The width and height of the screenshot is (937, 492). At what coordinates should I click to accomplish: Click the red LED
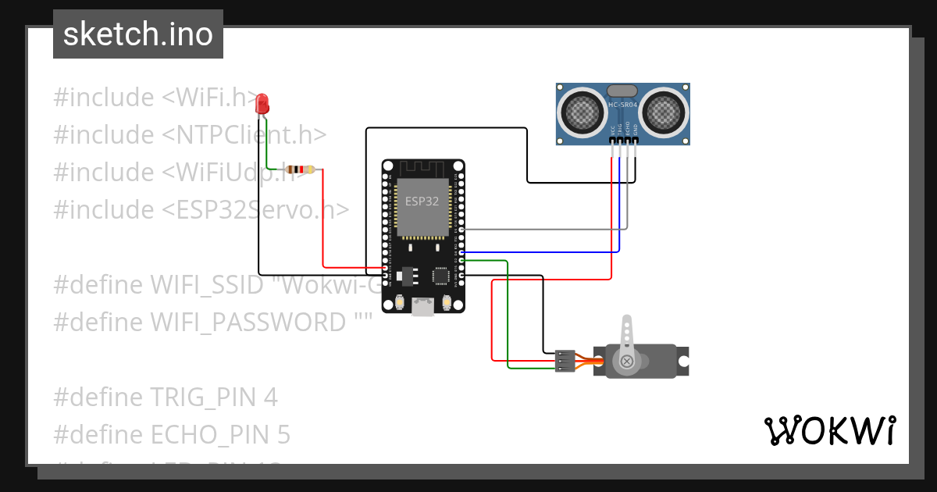pos(262,102)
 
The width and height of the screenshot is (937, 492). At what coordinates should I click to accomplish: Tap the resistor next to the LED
pos(301,169)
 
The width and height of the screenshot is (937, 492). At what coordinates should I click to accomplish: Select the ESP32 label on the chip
pos(422,201)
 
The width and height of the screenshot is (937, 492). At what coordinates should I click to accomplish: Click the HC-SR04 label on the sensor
pos(623,105)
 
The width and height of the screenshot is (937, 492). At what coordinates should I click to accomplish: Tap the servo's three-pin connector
pos(565,361)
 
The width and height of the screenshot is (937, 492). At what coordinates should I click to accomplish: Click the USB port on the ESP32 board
pos(422,307)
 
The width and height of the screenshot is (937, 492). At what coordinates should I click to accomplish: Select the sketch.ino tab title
pos(138,34)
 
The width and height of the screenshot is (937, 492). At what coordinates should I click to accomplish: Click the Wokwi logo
pos(829,430)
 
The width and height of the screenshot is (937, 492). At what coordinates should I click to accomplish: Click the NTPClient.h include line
pos(190,134)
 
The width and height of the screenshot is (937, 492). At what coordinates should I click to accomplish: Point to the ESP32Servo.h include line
pos(201,209)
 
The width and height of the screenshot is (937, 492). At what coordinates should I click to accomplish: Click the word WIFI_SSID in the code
pos(207,284)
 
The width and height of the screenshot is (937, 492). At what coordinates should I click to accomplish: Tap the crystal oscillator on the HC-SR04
pos(622,91)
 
